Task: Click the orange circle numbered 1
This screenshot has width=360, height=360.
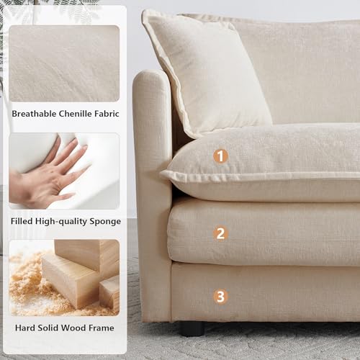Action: pyautogui.click(x=221, y=156)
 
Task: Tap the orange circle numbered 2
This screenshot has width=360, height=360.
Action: pyautogui.click(x=221, y=233)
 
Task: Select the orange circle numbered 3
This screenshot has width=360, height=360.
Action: pyautogui.click(x=221, y=295)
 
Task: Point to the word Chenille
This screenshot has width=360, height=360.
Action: pyautogui.click(x=78, y=114)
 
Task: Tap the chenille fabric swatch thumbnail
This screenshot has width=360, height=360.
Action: pyautogui.click(x=63, y=63)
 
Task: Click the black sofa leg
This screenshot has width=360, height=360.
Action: pyautogui.click(x=192, y=328)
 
